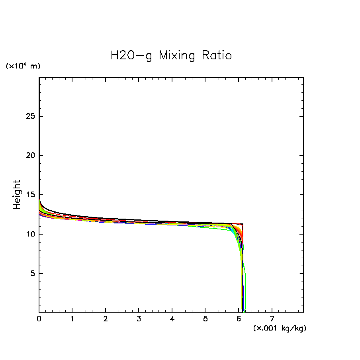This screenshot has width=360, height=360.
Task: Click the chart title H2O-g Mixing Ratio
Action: point(171,55)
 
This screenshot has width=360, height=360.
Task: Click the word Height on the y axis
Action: point(17,195)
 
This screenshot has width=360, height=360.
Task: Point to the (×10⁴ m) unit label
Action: point(23,66)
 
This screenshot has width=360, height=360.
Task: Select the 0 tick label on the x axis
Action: point(39,319)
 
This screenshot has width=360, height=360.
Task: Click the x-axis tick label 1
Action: point(72,319)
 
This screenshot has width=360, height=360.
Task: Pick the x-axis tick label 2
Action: point(106,319)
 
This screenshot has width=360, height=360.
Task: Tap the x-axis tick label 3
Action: point(139,319)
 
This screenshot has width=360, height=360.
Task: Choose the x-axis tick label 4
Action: point(172,319)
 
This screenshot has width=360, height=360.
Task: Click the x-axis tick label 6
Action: point(239,319)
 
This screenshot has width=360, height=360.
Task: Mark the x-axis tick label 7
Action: point(272,319)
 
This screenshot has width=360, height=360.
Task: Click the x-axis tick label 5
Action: point(205,319)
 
